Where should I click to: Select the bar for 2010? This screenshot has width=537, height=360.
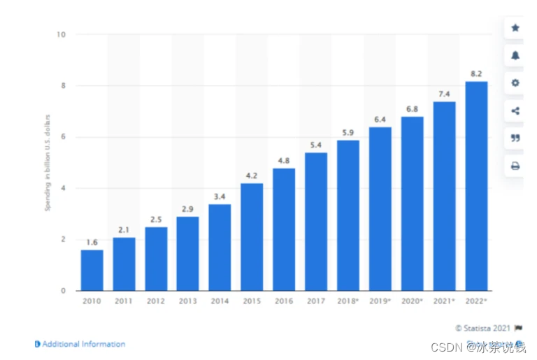coord(92,270)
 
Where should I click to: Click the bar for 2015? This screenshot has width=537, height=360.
coord(252,236)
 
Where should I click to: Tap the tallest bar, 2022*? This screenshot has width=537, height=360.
coord(476,185)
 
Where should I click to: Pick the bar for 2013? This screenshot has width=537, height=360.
coord(187,253)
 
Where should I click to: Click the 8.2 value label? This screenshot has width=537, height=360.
coord(476,73)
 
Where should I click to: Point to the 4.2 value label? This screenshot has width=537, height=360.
coord(252,175)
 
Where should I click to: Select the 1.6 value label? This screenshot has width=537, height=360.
coord(92,242)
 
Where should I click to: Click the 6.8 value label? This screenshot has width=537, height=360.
coord(412,108)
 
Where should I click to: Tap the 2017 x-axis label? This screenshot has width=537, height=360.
coord(315,301)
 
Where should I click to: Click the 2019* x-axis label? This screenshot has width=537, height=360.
coord(380,301)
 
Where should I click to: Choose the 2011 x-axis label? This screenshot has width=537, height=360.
coord(124,301)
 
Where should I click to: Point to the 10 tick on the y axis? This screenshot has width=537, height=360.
coord(62,34)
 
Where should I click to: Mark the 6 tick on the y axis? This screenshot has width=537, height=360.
coord(64,137)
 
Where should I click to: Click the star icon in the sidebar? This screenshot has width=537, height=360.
coord(515,28)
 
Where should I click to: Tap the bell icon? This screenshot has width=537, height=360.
coord(515,55)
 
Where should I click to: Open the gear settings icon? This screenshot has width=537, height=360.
coord(515,82)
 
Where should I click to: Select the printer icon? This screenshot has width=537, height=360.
coord(515,166)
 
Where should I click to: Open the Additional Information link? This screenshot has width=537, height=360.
coord(80,344)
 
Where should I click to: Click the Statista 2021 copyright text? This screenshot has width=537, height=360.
coord(483,327)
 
